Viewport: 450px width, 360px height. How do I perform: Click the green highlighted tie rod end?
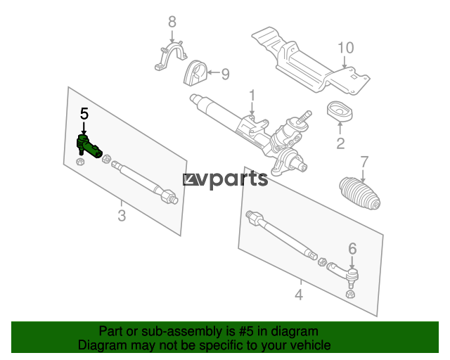pos(89,146)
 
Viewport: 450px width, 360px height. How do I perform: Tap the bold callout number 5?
pos(84,114)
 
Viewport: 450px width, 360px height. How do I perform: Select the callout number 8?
pos(172,22)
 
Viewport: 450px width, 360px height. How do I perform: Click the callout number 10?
pos(345,48)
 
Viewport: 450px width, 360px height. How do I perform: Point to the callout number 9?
pos(226,75)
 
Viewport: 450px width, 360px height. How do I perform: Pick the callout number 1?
pos(252,96)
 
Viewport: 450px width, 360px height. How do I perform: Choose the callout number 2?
pos(340,143)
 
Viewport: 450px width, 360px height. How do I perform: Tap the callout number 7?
pos(364,162)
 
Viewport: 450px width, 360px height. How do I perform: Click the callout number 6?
pos(352,249)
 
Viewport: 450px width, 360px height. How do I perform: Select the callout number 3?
pos(122,216)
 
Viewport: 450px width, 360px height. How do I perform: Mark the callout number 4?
pos(299,295)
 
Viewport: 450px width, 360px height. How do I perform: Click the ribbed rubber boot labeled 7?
pos(360,193)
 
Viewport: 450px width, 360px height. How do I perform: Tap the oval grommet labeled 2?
pos(340,110)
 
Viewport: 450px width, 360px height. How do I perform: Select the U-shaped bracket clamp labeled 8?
pos(171,56)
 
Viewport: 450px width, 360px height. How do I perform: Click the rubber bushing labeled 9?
pos(195,73)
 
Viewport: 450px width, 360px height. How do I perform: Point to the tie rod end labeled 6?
pos(345,273)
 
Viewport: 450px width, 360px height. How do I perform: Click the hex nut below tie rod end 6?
pos(350,294)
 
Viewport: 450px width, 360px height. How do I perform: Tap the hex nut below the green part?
pos(80,162)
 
